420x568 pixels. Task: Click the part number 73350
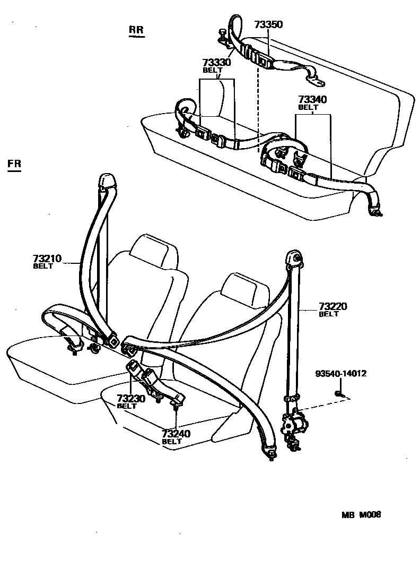coord(268,24)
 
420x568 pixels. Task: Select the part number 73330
coord(217,63)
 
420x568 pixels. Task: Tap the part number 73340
coord(312,100)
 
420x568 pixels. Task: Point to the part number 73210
coord(48,259)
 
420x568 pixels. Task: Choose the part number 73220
coord(333,307)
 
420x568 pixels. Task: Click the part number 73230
coord(131,398)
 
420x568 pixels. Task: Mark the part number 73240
coord(176,434)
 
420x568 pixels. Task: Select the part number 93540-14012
coord(340,374)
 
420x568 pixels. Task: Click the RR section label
coord(136,30)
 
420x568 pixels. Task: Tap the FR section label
coord(15,164)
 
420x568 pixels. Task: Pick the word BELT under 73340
coord(308,107)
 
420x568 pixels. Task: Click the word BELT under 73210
coord(43,266)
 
